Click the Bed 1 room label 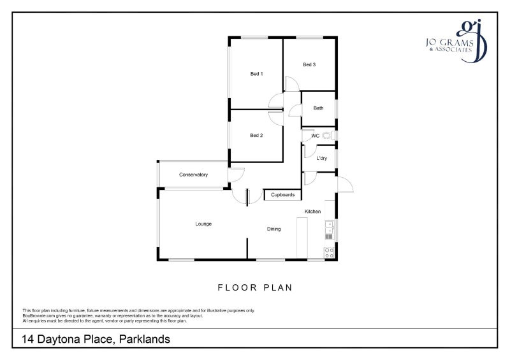pyautogui.click(x=256, y=74)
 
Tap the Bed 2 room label pyautogui.click(x=256, y=135)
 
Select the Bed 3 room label pyautogui.click(x=309, y=64)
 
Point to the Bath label pyautogui.click(x=318, y=108)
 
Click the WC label pyautogui.click(x=315, y=136)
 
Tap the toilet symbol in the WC pyautogui.click(x=328, y=135)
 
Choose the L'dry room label pyautogui.click(x=321, y=158)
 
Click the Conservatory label pyautogui.click(x=193, y=175)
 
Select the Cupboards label pyautogui.click(x=282, y=194)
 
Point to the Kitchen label pyautogui.click(x=312, y=212)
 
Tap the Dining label pyautogui.click(x=273, y=229)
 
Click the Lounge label pyautogui.click(x=203, y=224)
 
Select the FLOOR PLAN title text pyautogui.click(x=255, y=287)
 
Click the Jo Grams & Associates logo pyautogui.click(x=458, y=42)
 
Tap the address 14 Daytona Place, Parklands pyautogui.click(x=96, y=340)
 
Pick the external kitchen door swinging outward pyautogui.click(x=346, y=185)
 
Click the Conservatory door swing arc pyautogui.click(x=237, y=173)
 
